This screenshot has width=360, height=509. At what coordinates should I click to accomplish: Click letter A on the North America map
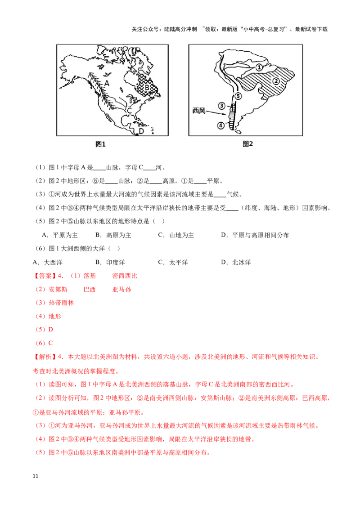107,83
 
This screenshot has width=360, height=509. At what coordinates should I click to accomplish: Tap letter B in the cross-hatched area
147,87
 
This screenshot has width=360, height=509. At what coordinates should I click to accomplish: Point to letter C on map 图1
129,111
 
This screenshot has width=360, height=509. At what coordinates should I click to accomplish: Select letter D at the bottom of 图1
141,131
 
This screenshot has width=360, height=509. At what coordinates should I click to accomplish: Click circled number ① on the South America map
259,67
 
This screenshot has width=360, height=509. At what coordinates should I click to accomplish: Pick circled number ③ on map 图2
221,106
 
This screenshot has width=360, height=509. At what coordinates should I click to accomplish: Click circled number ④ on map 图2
220,125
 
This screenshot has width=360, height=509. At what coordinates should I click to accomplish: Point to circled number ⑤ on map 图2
238,96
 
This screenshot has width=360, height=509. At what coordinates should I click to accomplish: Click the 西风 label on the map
199,111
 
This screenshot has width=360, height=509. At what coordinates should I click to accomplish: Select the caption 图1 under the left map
100,144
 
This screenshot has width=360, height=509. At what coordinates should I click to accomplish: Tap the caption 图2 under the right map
247,144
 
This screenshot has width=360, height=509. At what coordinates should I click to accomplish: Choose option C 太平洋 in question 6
173,262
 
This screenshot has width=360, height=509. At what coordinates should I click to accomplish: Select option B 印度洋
110,262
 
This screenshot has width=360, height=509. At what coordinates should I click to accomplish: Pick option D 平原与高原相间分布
255,235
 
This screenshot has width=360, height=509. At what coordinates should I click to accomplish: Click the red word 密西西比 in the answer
125,276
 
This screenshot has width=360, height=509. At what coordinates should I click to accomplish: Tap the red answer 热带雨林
61,303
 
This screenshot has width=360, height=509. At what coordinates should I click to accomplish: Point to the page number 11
36,476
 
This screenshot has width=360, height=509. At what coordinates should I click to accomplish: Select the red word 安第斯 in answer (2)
58,290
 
